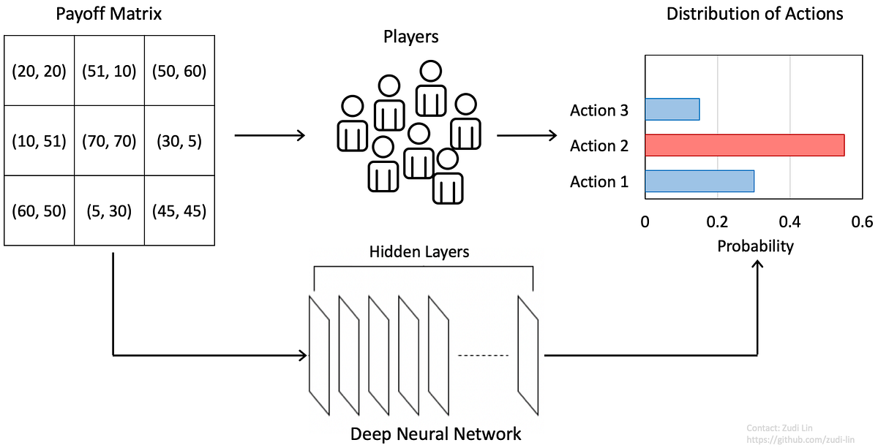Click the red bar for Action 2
[x=744, y=145]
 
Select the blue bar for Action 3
[x=672, y=110]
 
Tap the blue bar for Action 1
[x=699, y=181]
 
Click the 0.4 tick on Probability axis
[x=789, y=221]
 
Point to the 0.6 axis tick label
[x=862, y=221]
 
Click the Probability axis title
[x=755, y=246]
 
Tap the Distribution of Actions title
[x=754, y=14]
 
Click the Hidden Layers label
[x=419, y=252]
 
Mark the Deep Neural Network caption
[x=435, y=433]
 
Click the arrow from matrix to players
[x=269, y=135]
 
